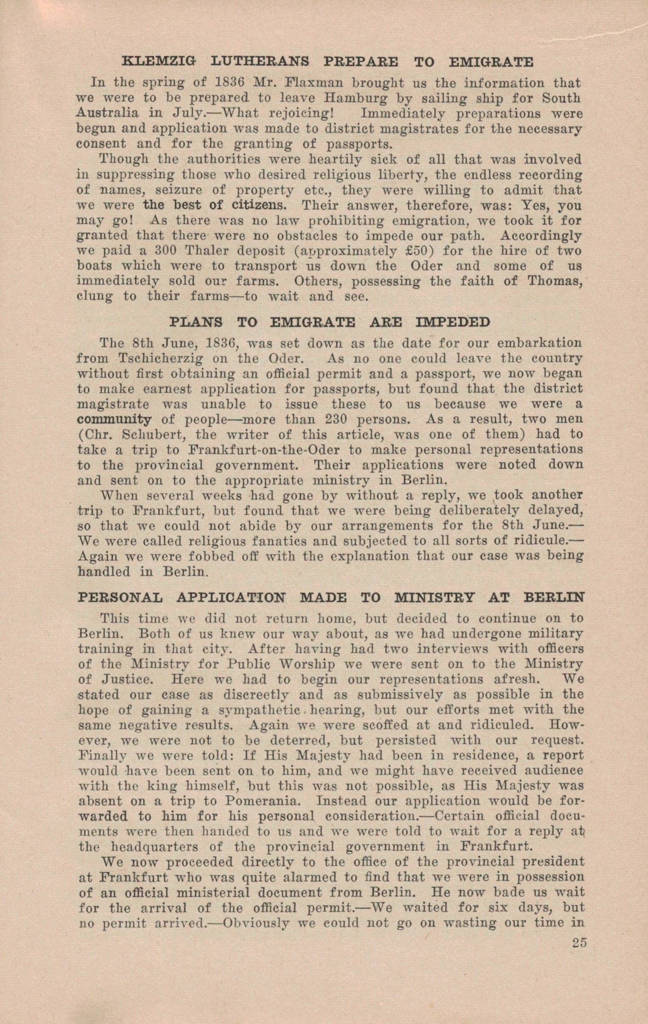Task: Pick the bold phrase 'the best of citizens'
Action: click(215, 205)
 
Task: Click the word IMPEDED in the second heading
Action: click(453, 322)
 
